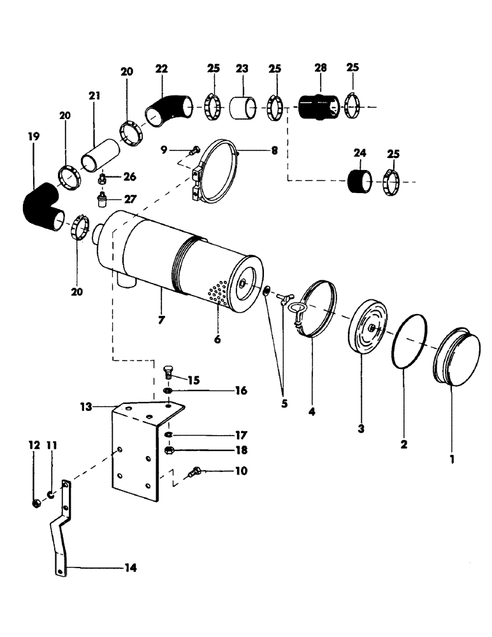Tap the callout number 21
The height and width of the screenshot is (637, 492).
tap(95, 96)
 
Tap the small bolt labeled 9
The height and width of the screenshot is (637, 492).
tap(193, 150)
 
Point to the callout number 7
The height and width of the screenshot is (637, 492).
tap(161, 320)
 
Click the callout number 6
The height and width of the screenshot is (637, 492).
tap(217, 339)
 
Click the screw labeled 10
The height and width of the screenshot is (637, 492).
tap(196, 473)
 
